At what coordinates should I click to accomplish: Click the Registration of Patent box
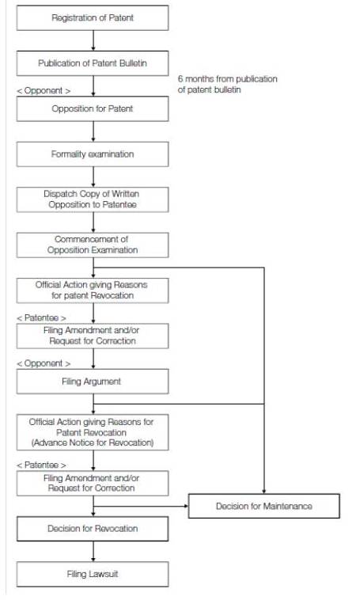click(x=93, y=17)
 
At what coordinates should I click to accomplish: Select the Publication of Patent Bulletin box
click(x=93, y=63)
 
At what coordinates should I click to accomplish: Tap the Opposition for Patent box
click(x=93, y=108)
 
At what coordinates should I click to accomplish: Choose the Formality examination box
click(x=93, y=154)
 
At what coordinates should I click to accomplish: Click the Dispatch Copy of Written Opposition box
click(x=93, y=199)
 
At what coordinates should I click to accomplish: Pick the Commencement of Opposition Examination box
click(x=93, y=245)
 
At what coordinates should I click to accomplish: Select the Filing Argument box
click(x=93, y=382)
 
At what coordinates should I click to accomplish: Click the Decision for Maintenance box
click(x=264, y=507)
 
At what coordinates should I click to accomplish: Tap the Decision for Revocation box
click(x=93, y=529)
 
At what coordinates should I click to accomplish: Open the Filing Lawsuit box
click(x=93, y=574)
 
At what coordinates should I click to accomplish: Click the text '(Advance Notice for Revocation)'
click(x=93, y=442)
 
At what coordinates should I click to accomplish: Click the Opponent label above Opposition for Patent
click(x=44, y=91)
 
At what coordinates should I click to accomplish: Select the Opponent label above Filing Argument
click(x=44, y=363)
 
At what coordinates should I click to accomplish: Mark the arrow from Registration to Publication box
click(x=93, y=40)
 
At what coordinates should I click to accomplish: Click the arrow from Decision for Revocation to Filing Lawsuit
click(x=93, y=552)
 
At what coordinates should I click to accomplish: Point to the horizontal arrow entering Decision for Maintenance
click(x=141, y=507)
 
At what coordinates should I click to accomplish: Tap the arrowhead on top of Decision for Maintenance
click(x=264, y=492)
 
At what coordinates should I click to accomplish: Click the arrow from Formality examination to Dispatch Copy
click(x=93, y=177)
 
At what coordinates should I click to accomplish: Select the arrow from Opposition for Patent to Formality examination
click(x=93, y=131)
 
